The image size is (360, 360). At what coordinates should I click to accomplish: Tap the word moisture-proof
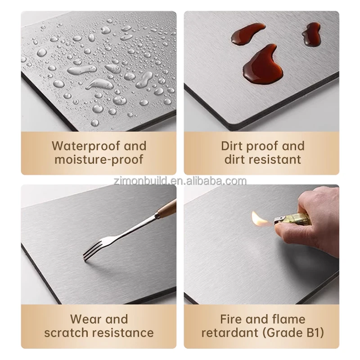coord(99,159)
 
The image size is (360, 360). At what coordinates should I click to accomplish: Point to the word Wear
coord(86,319)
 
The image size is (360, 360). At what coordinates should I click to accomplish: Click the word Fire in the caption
coord(231,319)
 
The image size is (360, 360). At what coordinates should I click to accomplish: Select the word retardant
coord(230,333)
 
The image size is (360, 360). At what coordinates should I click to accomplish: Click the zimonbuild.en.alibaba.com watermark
coord(180,181)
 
